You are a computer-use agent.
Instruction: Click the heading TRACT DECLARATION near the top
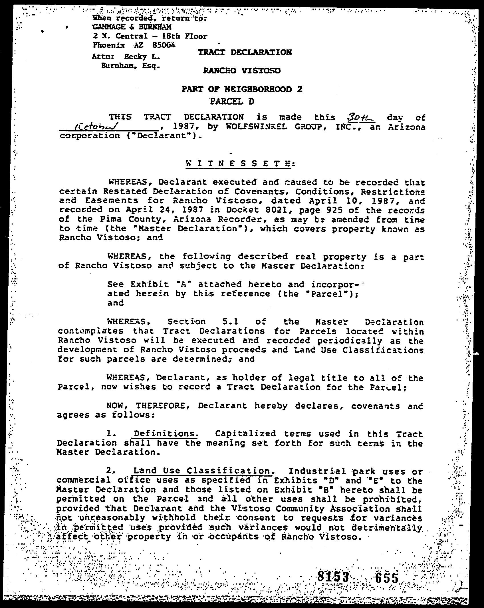point(245,52)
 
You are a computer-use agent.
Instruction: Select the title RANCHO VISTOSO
point(242,70)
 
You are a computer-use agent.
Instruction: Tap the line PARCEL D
point(232,101)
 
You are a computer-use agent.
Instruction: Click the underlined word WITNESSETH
point(237,164)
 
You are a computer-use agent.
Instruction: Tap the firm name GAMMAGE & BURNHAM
point(132,27)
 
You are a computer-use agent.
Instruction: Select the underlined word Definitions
point(166,434)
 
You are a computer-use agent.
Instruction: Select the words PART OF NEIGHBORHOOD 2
point(242,89)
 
